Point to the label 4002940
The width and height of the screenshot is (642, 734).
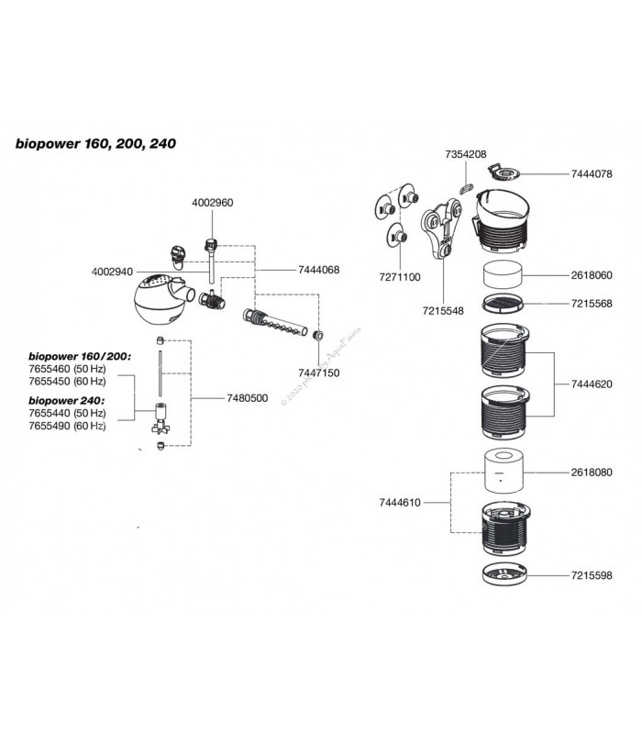pos(115,271)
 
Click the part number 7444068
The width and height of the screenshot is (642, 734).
pos(319,270)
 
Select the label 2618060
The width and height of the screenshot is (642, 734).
pos(592,274)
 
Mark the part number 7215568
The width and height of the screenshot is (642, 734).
pos(592,303)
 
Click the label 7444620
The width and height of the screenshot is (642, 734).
pos(592,387)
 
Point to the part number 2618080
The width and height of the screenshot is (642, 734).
pos(592,472)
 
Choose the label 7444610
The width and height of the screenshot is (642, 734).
pos(402,503)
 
